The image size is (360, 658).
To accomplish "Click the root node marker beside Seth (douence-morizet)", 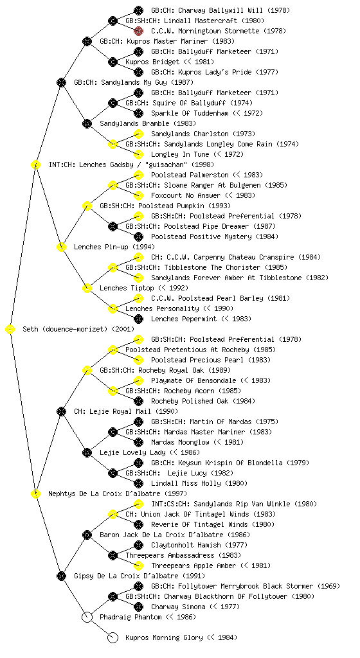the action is (x=10, y=330).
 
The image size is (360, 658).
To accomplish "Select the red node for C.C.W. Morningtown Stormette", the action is (x=138, y=31).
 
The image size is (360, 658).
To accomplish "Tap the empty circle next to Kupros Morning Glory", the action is (x=113, y=638).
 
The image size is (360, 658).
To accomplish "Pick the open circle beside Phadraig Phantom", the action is (x=87, y=618).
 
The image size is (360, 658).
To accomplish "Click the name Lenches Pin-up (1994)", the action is (x=114, y=247).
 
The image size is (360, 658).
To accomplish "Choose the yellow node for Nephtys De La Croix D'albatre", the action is (x=35, y=494).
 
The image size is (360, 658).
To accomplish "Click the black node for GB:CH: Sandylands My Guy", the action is (x=61, y=83).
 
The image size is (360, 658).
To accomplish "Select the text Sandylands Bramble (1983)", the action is (x=148, y=124).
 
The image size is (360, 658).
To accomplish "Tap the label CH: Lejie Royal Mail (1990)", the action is (x=126, y=412).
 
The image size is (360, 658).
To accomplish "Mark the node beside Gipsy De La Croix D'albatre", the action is (x=61, y=576).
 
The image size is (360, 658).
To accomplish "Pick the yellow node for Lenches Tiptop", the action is (x=87, y=289).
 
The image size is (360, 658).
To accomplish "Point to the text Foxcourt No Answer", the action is (x=186, y=195).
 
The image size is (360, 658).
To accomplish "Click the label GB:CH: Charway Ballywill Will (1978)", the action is (x=221, y=10).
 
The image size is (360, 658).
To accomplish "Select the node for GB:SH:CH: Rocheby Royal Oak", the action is (x=87, y=371).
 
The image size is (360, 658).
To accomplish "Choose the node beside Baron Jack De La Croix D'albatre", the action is (x=87, y=535).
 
